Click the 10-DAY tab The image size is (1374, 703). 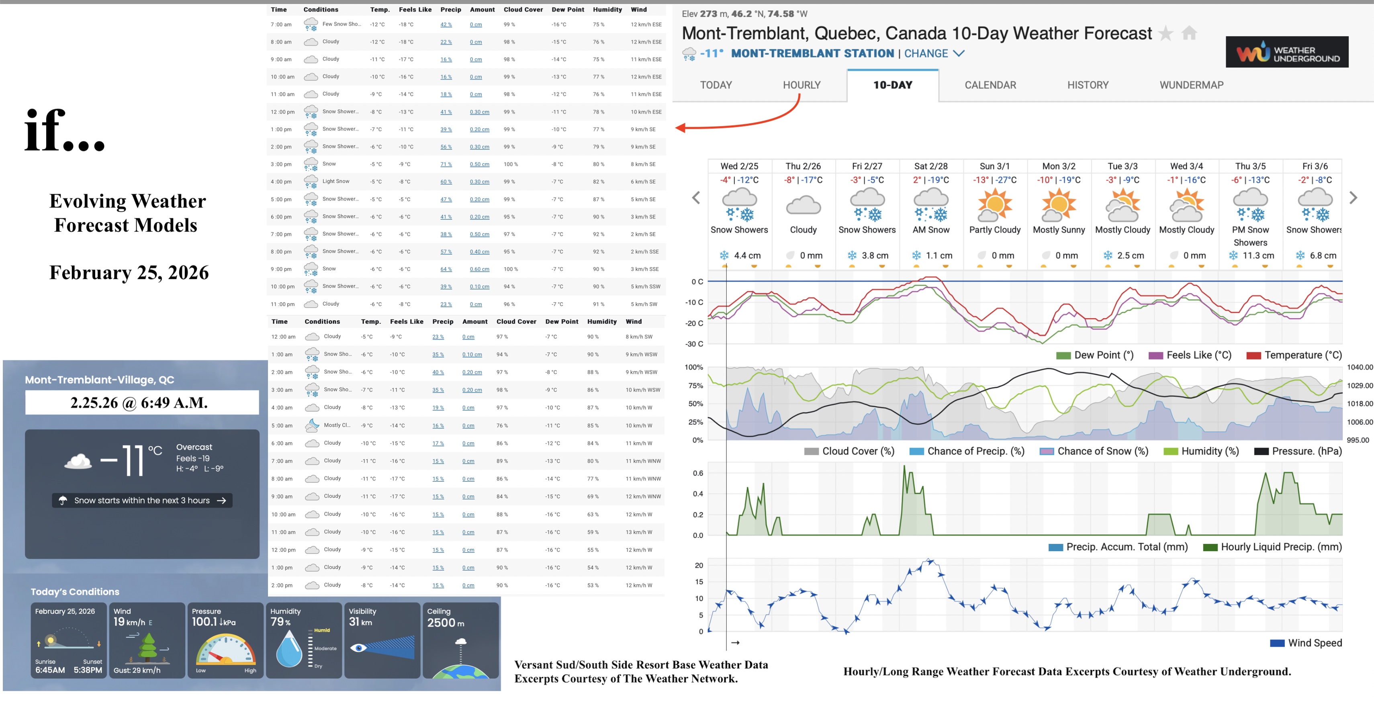(892, 85)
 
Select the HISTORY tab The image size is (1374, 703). (1088, 85)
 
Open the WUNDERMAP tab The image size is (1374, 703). (1191, 85)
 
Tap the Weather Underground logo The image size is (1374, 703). (1286, 52)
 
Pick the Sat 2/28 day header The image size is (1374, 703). (931, 166)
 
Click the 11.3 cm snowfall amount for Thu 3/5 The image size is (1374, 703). (1258, 255)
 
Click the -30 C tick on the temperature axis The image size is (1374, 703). (693, 344)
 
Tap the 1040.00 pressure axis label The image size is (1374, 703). (1359, 367)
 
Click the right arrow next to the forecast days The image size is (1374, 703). (1353, 198)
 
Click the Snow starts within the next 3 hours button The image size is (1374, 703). (142, 500)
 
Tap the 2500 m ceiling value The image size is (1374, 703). (446, 623)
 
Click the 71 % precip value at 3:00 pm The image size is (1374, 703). (446, 164)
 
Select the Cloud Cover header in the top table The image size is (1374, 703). (523, 10)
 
